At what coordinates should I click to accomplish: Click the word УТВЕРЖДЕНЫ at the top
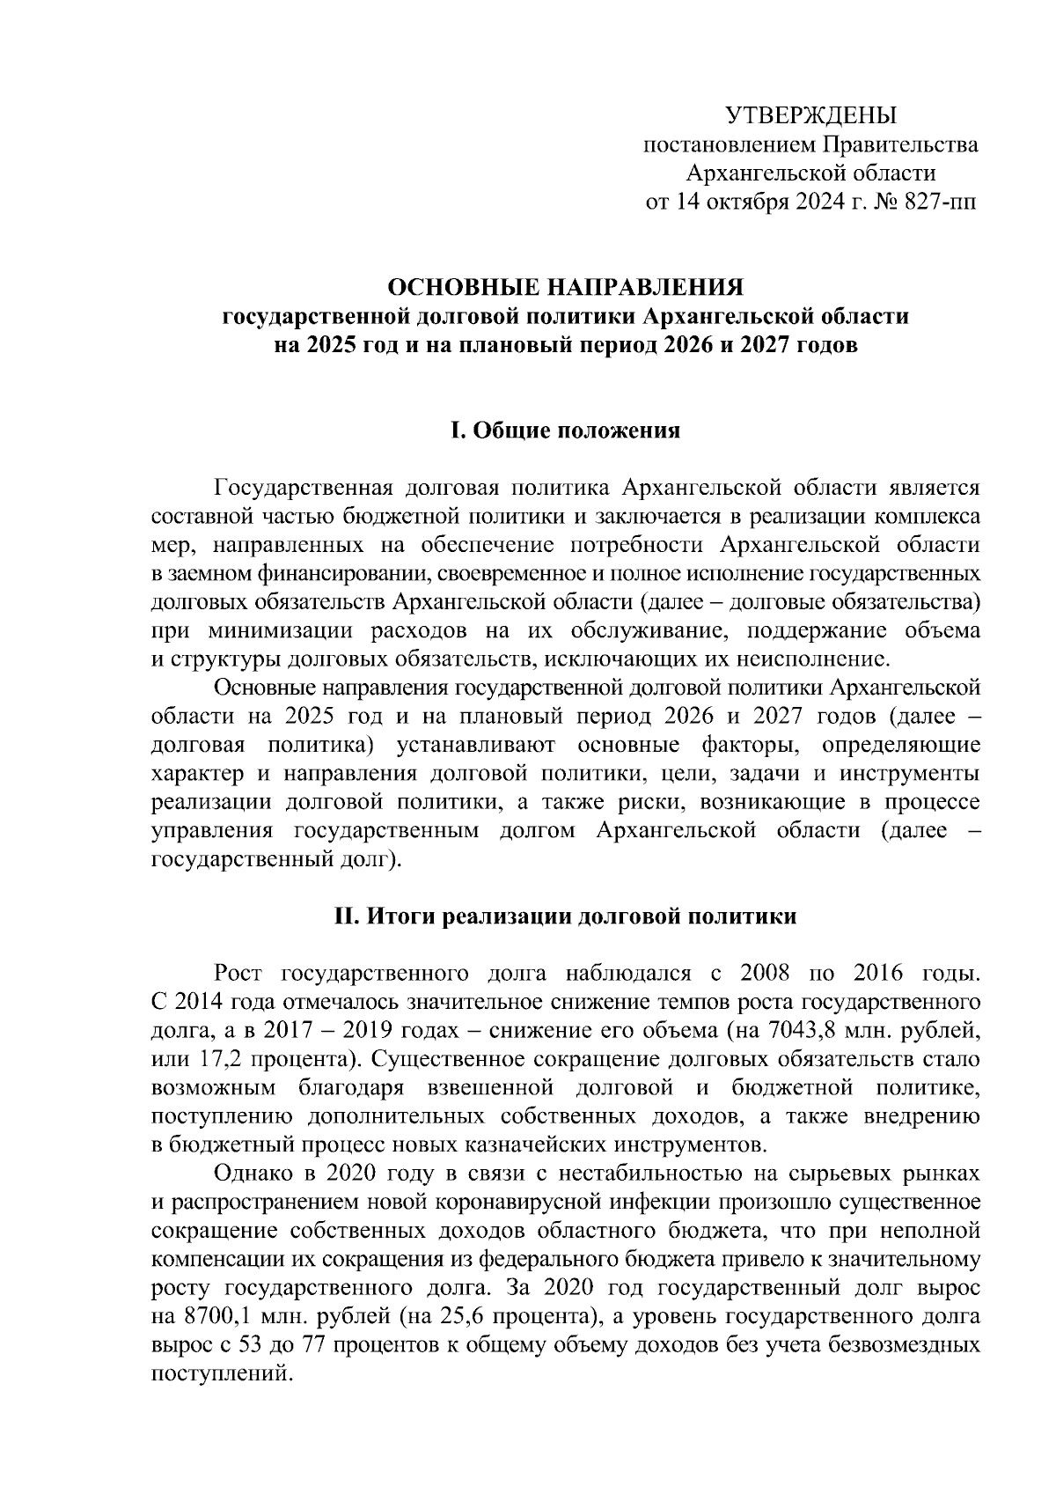point(810,115)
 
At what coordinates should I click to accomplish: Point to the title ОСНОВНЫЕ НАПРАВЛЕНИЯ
point(567,288)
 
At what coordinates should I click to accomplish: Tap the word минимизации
point(270,630)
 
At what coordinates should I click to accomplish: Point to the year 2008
point(771,974)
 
